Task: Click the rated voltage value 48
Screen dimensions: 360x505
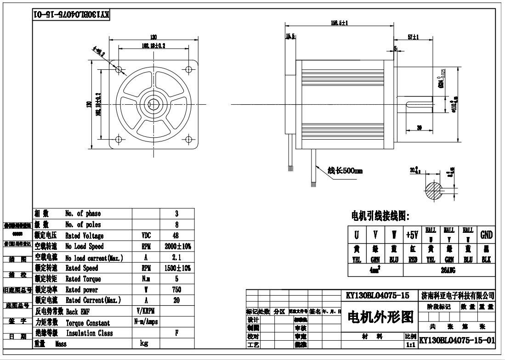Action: pos(177,236)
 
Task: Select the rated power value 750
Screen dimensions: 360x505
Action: pos(176,290)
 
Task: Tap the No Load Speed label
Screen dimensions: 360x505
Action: pos(85,247)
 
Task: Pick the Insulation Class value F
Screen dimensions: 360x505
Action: pos(177,333)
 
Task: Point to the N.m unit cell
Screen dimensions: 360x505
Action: pos(146,279)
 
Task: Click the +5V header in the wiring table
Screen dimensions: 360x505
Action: pos(412,235)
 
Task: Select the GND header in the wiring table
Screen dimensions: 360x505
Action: pos(486,235)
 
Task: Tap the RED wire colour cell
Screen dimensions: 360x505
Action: pos(412,259)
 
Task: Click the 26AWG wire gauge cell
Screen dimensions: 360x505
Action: pos(448,271)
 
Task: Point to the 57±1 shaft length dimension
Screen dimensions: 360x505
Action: pos(413,37)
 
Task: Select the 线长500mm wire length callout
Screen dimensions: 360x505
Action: pos(345,171)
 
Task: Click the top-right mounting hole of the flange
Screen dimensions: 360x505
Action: pos(188,69)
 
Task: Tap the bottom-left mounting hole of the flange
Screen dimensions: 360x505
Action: pos(119,139)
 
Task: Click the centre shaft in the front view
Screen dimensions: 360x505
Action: pos(153,104)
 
